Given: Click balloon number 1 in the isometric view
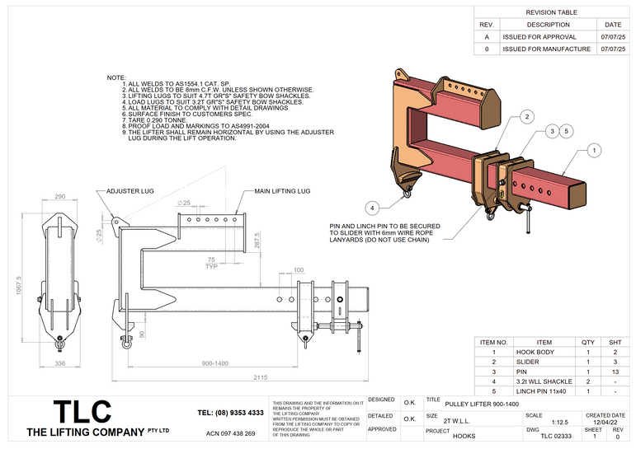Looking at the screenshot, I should (593, 150).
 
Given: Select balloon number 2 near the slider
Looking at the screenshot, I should (526, 117).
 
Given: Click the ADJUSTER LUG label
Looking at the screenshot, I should (130, 191).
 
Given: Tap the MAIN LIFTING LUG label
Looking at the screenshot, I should (281, 191).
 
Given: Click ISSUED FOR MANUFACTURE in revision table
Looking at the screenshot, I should (547, 49).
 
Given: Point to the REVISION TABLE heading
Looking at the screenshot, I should (551, 12).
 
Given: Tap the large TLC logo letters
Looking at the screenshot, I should (82, 412).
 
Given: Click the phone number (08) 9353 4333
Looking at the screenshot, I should (231, 412).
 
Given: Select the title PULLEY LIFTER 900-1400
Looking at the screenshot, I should (483, 405).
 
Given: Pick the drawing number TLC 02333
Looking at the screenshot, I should (555, 436).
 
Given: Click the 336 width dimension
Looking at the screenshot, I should (59, 362).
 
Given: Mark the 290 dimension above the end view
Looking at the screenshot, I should (59, 198).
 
